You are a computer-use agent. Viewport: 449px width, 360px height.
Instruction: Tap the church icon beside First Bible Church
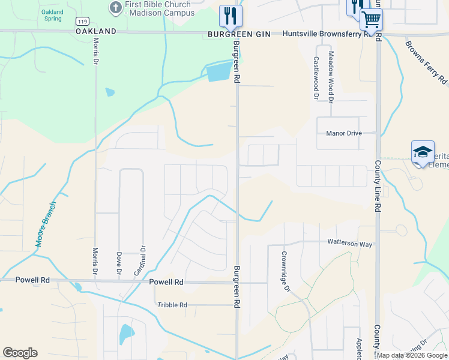point(115,8)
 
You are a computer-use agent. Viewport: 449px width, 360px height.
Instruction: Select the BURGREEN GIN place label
point(240,34)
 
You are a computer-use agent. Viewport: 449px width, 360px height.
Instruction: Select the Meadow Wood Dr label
point(330,75)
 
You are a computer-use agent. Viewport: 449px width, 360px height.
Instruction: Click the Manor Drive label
point(344,133)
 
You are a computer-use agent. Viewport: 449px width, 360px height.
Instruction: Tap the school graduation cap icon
point(423,151)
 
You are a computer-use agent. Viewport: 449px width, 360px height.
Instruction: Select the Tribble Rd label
point(172,305)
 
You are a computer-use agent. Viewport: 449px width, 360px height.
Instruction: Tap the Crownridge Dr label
point(286,271)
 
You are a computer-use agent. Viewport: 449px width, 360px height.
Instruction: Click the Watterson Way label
point(349,244)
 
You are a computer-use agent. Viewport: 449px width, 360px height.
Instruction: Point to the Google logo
point(20,353)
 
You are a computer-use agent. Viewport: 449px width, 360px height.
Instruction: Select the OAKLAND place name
point(96,31)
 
